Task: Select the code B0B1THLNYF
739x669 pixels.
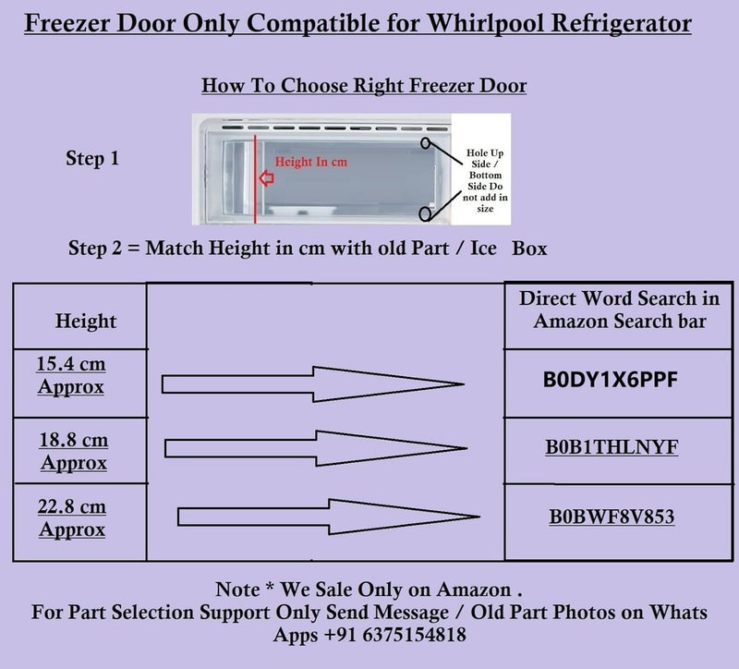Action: click(x=612, y=447)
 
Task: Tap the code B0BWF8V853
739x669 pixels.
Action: click(x=611, y=516)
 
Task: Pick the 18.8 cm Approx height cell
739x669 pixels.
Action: click(x=74, y=450)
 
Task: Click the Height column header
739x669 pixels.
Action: click(x=86, y=321)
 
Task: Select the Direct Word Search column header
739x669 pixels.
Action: click(x=619, y=310)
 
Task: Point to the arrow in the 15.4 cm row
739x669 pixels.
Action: click(x=312, y=383)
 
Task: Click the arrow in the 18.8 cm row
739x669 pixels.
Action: click(x=314, y=448)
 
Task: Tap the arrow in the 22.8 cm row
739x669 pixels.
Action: click(x=320, y=517)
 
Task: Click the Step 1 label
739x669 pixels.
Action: click(x=92, y=159)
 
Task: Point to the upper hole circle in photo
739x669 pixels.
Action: click(x=426, y=144)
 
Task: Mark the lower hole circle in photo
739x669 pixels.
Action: click(x=425, y=213)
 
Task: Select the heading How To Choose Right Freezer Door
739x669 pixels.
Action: click(x=364, y=86)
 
